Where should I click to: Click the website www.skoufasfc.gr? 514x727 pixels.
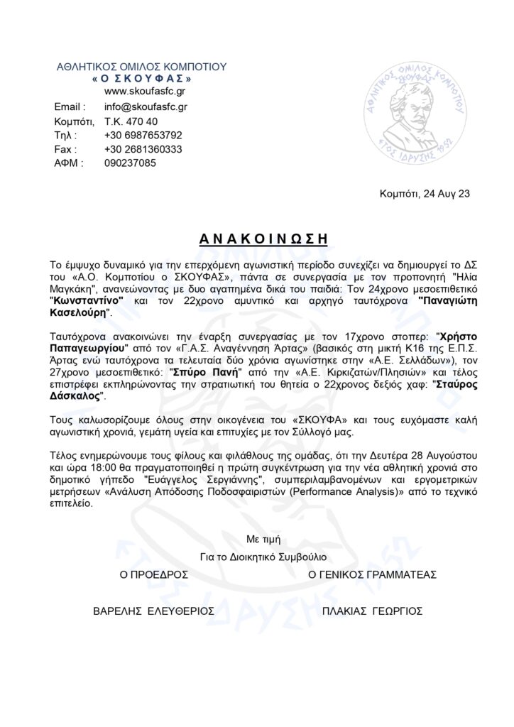tap(146, 92)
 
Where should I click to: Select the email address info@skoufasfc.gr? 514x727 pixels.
tap(146, 106)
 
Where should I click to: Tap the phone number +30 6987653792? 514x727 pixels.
tap(143, 135)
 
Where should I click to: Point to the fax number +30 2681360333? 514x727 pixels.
tap(143, 149)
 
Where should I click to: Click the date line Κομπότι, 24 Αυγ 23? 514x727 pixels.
tap(425, 192)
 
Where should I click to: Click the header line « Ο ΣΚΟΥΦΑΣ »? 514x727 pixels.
tap(141, 78)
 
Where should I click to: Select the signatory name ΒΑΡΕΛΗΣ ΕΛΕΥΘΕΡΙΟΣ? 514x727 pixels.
tap(154, 610)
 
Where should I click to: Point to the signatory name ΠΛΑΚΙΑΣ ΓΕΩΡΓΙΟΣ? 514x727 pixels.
tap(372, 610)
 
